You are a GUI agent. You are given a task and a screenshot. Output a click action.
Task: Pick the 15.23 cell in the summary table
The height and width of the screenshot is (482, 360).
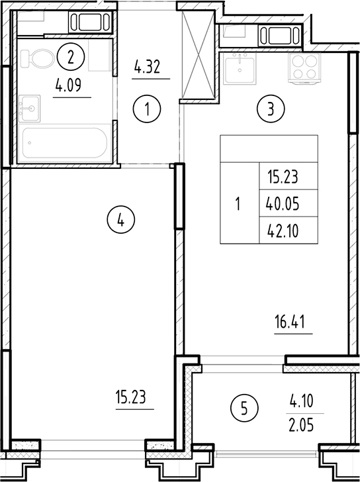pos(283,177)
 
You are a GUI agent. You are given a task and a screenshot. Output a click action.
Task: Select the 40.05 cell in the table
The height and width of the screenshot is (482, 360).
pos(283,204)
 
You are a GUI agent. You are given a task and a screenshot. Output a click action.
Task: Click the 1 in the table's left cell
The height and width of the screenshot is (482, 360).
pos(238,204)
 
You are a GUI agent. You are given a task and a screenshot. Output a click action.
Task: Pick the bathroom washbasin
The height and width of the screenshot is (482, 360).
pos(29,105)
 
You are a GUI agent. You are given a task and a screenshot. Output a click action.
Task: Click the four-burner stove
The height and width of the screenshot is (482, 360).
pos(303,66)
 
